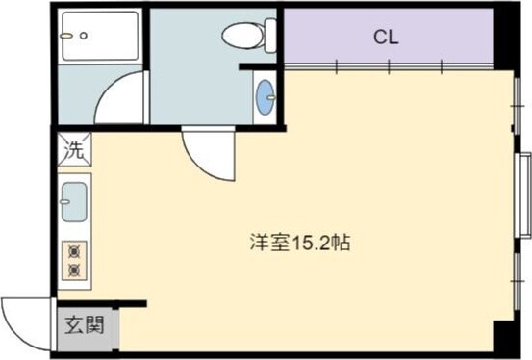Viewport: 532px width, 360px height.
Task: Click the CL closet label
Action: tap(387, 38)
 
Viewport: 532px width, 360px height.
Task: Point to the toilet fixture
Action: tap(247, 36)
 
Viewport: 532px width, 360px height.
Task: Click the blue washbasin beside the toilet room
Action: tap(265, 96)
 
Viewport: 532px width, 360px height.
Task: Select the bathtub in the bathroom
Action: tap(99, 37)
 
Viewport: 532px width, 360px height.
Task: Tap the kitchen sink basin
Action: tap(74, 202)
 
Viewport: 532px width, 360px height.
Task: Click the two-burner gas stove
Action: tap(74, 259)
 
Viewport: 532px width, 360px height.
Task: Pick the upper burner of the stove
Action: tap(74, 250)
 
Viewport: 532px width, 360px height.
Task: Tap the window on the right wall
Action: tap(524, 193)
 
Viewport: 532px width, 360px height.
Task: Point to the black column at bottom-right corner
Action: tap(506, 337)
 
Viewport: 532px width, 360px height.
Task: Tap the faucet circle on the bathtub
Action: tap(84, 35)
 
